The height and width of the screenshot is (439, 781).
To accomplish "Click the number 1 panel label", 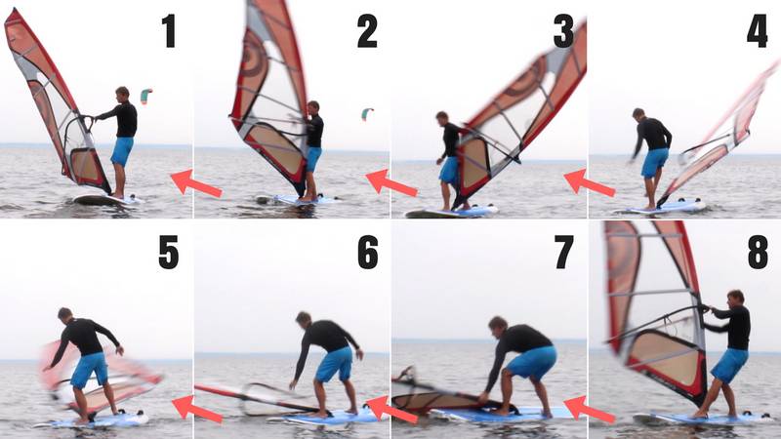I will pyautogui.click(x=169, y=31).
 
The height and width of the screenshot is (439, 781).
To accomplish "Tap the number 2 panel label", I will pyautogui.click(x=366, y=31).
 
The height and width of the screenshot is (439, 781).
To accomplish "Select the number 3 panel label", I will pyautogui.click(x=563, y=31).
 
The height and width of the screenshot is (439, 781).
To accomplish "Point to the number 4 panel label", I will pyautogui.click(x=757, y=31).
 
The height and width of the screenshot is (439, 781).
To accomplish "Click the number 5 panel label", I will pyautogui.click(x=169, y=252).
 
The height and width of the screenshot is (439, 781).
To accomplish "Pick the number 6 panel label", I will pyautogui.click(x=367, y=252).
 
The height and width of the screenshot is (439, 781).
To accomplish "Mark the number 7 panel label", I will pyautogui.click(x=563, y=252).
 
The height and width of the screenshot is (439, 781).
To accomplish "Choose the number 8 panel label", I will pyautogui.click(x=758, y=252).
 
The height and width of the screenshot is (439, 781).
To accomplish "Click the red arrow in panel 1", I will pyautogui.click(x=195, y=182).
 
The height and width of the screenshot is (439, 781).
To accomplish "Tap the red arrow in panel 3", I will pyautogui.click(x=589, y=182).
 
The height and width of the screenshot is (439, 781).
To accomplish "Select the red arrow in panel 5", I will pyautogui.click(x=196, y=408).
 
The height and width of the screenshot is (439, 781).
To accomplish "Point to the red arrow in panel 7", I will pyautogui.click(x=589, y=408).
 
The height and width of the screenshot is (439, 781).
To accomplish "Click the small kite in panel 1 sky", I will pyautogui.click(x=145, y=95).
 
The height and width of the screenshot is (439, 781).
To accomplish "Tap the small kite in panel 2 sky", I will pyautogui.click(x=367, y=114).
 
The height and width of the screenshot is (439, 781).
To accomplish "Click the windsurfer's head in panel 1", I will pyautogui.click(x=122, y=94).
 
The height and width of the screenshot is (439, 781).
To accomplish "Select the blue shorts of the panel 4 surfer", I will pyautogui.click(x=654, y=162).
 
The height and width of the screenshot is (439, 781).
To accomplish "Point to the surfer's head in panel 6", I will pyautogui.click(x=304, y=319).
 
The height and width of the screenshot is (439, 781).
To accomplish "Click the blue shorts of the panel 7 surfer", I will pyautogui.click(x=534, y=363).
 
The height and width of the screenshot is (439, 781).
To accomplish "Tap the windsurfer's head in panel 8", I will pyautogui.click(x=735, y=297).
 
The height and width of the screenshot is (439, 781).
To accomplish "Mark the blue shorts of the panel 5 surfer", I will pyautogui.click(x=89, y=370).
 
